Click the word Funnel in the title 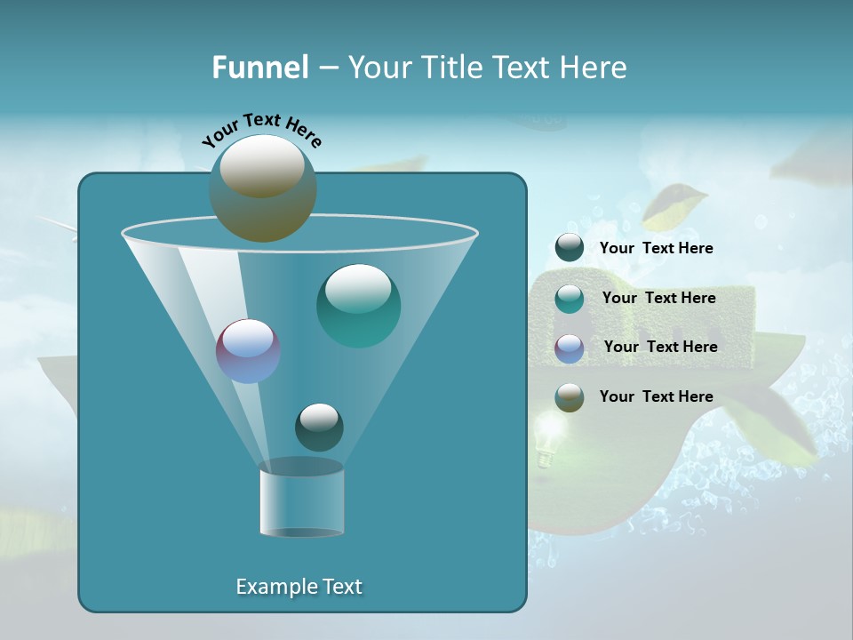259,68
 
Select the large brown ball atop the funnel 263,188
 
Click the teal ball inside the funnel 358,306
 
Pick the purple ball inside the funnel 248,350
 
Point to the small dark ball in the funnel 319,427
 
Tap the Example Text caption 299,587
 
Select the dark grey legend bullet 569,248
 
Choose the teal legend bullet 569,298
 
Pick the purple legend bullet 569,348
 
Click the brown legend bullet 569,397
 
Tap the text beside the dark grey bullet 656,249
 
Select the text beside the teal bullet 658,299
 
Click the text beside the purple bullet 660,348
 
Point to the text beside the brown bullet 656,397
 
